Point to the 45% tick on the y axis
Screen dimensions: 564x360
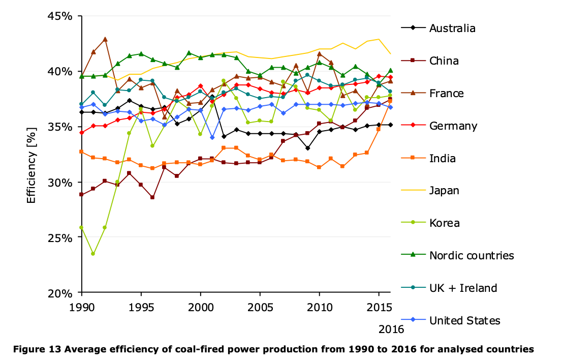60,16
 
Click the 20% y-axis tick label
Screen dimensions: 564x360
60,293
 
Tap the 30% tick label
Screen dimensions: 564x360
60,183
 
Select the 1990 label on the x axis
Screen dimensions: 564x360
82,308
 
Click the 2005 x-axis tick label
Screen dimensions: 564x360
260,308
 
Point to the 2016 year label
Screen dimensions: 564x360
391,329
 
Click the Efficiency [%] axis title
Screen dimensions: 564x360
32,165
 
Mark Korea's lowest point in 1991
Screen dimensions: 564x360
93,254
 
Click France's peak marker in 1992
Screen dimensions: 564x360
105,39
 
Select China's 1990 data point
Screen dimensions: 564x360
82,194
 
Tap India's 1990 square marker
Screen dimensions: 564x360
82,152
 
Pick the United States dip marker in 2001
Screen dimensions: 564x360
212,137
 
